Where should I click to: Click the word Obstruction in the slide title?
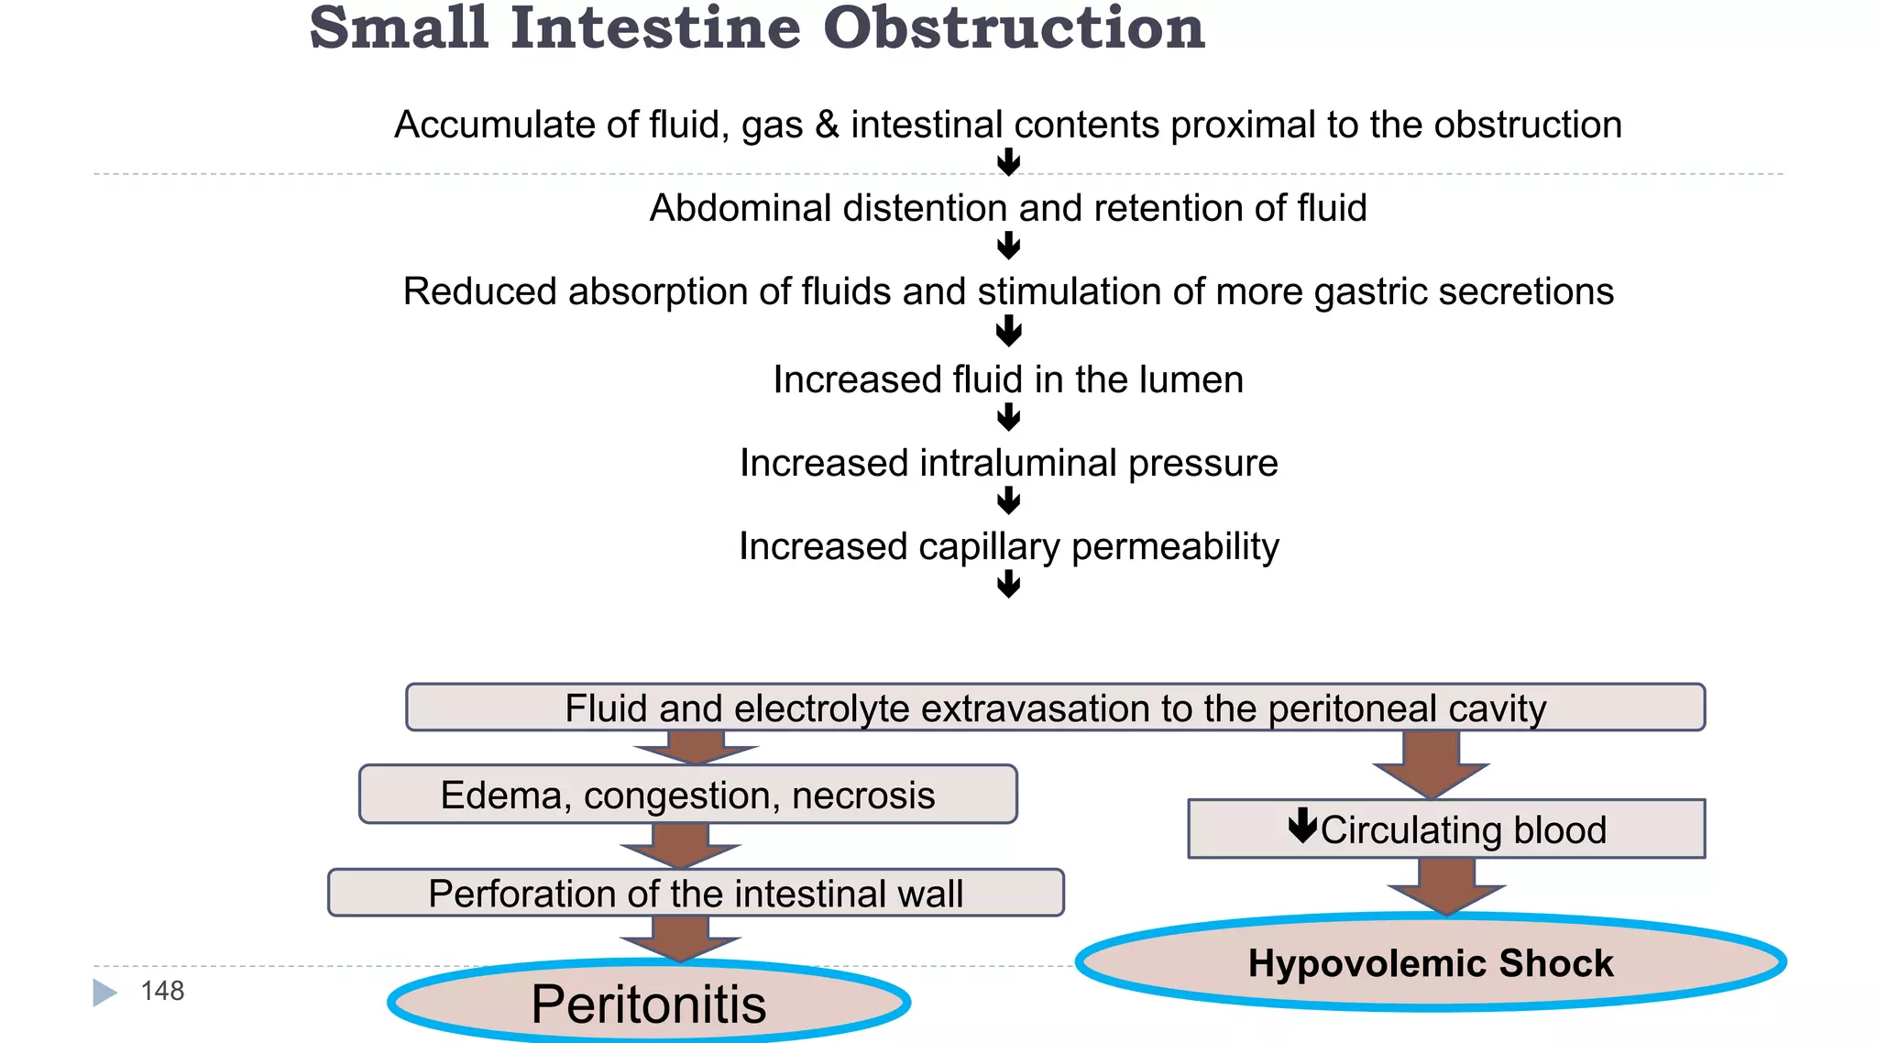pyautogui.click(x=1013, y=29)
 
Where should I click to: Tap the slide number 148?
pyautogui.click(x=162, y=991)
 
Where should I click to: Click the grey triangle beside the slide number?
pyautogui.click(x=104, y=993)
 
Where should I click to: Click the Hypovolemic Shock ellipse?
pyautogui.click(x=1430, y=963)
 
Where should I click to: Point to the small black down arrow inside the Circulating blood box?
pyautogui.click(x=1301, y=825)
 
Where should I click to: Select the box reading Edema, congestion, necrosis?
pyautogui.click(x=687, y=795)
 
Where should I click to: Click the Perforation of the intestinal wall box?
pyautogui.click(x=695, y=894)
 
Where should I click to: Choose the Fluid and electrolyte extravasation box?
pyautogui.click(x=1054, y=708)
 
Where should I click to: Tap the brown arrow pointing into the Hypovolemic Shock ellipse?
pyautogui.click(x=1446, y=886)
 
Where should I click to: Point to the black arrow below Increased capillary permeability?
pyautogui.click(x=1008, y=584)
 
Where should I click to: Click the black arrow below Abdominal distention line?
pyautogui.click(x=1008, y=246)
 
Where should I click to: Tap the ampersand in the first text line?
pyautogui.click(x=827, y=125)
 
